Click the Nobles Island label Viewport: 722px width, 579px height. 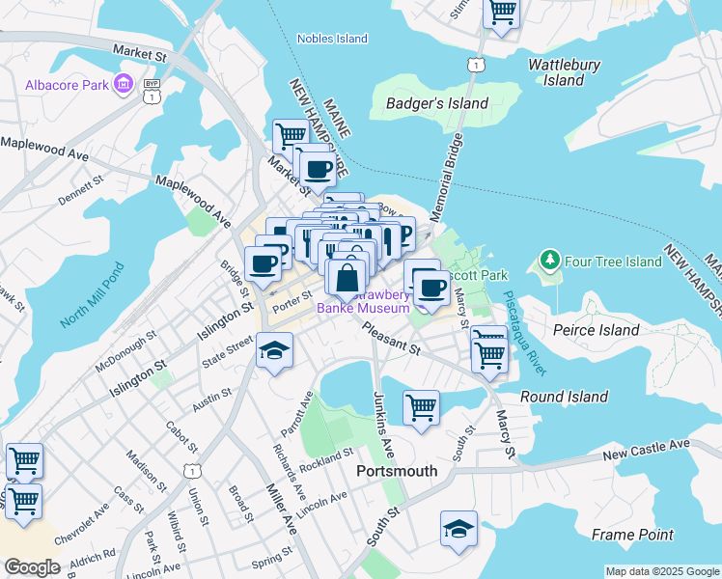click(332, 39)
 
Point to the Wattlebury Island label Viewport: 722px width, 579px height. click(565, 72)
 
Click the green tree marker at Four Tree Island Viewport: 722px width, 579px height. click(549, 261)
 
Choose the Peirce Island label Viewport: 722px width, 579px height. click(597, 330)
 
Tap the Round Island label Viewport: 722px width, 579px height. click(564, 397)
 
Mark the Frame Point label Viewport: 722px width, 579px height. click(632, 534)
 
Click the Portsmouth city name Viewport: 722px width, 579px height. click(397, 472)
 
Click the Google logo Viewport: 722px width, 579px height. click(31, 567)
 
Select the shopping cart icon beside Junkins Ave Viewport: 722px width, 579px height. click(421, 407)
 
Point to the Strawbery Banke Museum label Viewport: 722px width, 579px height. click(365, 301)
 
